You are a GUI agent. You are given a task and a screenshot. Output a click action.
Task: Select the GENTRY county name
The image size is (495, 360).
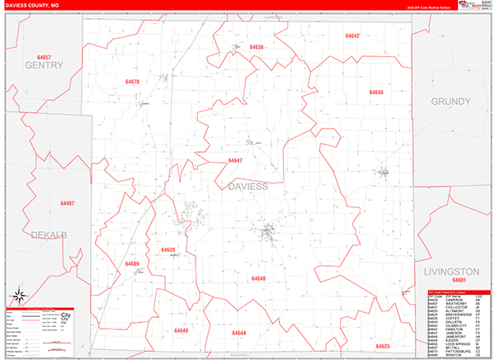click(44, 64)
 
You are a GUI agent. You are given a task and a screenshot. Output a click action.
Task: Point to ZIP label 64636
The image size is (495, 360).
click(256, 47)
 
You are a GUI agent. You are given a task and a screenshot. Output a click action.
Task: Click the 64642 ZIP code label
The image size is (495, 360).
click(353, 36)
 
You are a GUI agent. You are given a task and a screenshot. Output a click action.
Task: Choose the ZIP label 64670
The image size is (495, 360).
click(133, 82)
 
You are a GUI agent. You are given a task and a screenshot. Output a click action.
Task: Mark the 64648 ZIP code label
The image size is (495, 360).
click(376, 92)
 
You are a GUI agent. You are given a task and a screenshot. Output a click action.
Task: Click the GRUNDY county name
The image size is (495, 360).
click(450, 101)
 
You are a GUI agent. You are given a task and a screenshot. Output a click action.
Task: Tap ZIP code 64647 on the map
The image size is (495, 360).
click(235, 160)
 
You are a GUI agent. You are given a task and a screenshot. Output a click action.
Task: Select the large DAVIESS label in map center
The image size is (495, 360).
click(246, 187)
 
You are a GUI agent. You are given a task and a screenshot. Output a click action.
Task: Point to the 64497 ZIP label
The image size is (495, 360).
click(67, 203)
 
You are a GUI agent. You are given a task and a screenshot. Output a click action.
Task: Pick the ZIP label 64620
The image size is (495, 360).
click(168, 249)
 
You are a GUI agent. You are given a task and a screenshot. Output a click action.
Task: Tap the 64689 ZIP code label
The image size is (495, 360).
click(132, 264)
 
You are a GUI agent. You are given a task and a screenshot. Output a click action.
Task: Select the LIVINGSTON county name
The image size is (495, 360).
click(450, 271)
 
